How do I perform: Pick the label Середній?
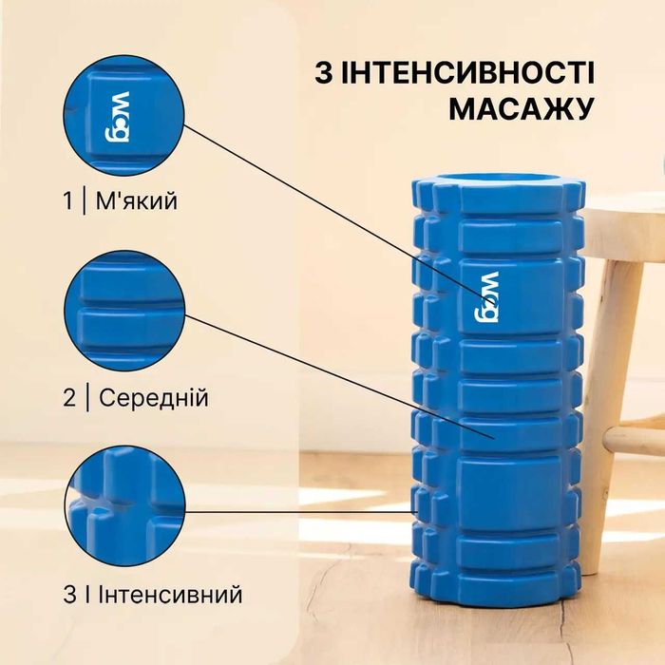pyautogui.click(x=150, y=397)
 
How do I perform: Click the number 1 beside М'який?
pyautogui.click(x=67, y=201)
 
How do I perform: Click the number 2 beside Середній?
pyautogui.click(x=68, y=397)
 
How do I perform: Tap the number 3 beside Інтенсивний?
pyautogui.click(x=69, y=595)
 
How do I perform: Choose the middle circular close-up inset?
pyautogui.click(x=123, y=310)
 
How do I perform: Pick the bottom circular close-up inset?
pyautogui.click(x=123, y=507)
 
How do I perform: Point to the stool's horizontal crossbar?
pyautogui.click(x=634, y=439)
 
